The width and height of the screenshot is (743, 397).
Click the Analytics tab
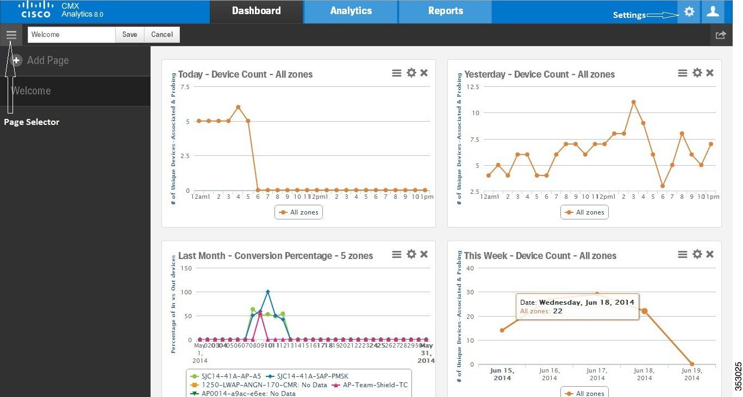351,11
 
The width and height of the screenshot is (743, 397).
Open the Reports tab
445,11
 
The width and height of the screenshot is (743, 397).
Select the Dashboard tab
256,11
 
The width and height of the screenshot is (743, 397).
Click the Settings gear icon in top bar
689,11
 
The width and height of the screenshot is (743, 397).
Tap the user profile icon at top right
713,11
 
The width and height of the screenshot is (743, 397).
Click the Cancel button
162,35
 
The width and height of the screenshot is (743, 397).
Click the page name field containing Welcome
71,35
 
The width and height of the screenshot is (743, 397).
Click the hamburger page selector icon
11,35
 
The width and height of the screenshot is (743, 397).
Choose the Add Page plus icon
17,60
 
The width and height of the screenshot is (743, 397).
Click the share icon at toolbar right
721,35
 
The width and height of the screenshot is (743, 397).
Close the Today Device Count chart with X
424,73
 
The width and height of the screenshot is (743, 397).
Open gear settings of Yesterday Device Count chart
697,73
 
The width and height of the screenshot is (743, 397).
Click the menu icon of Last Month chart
397,254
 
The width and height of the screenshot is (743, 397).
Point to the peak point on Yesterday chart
633,102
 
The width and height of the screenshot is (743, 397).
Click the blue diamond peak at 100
267,292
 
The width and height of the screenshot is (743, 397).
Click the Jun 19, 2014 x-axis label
691,374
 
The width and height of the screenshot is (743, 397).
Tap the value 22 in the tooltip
558,311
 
